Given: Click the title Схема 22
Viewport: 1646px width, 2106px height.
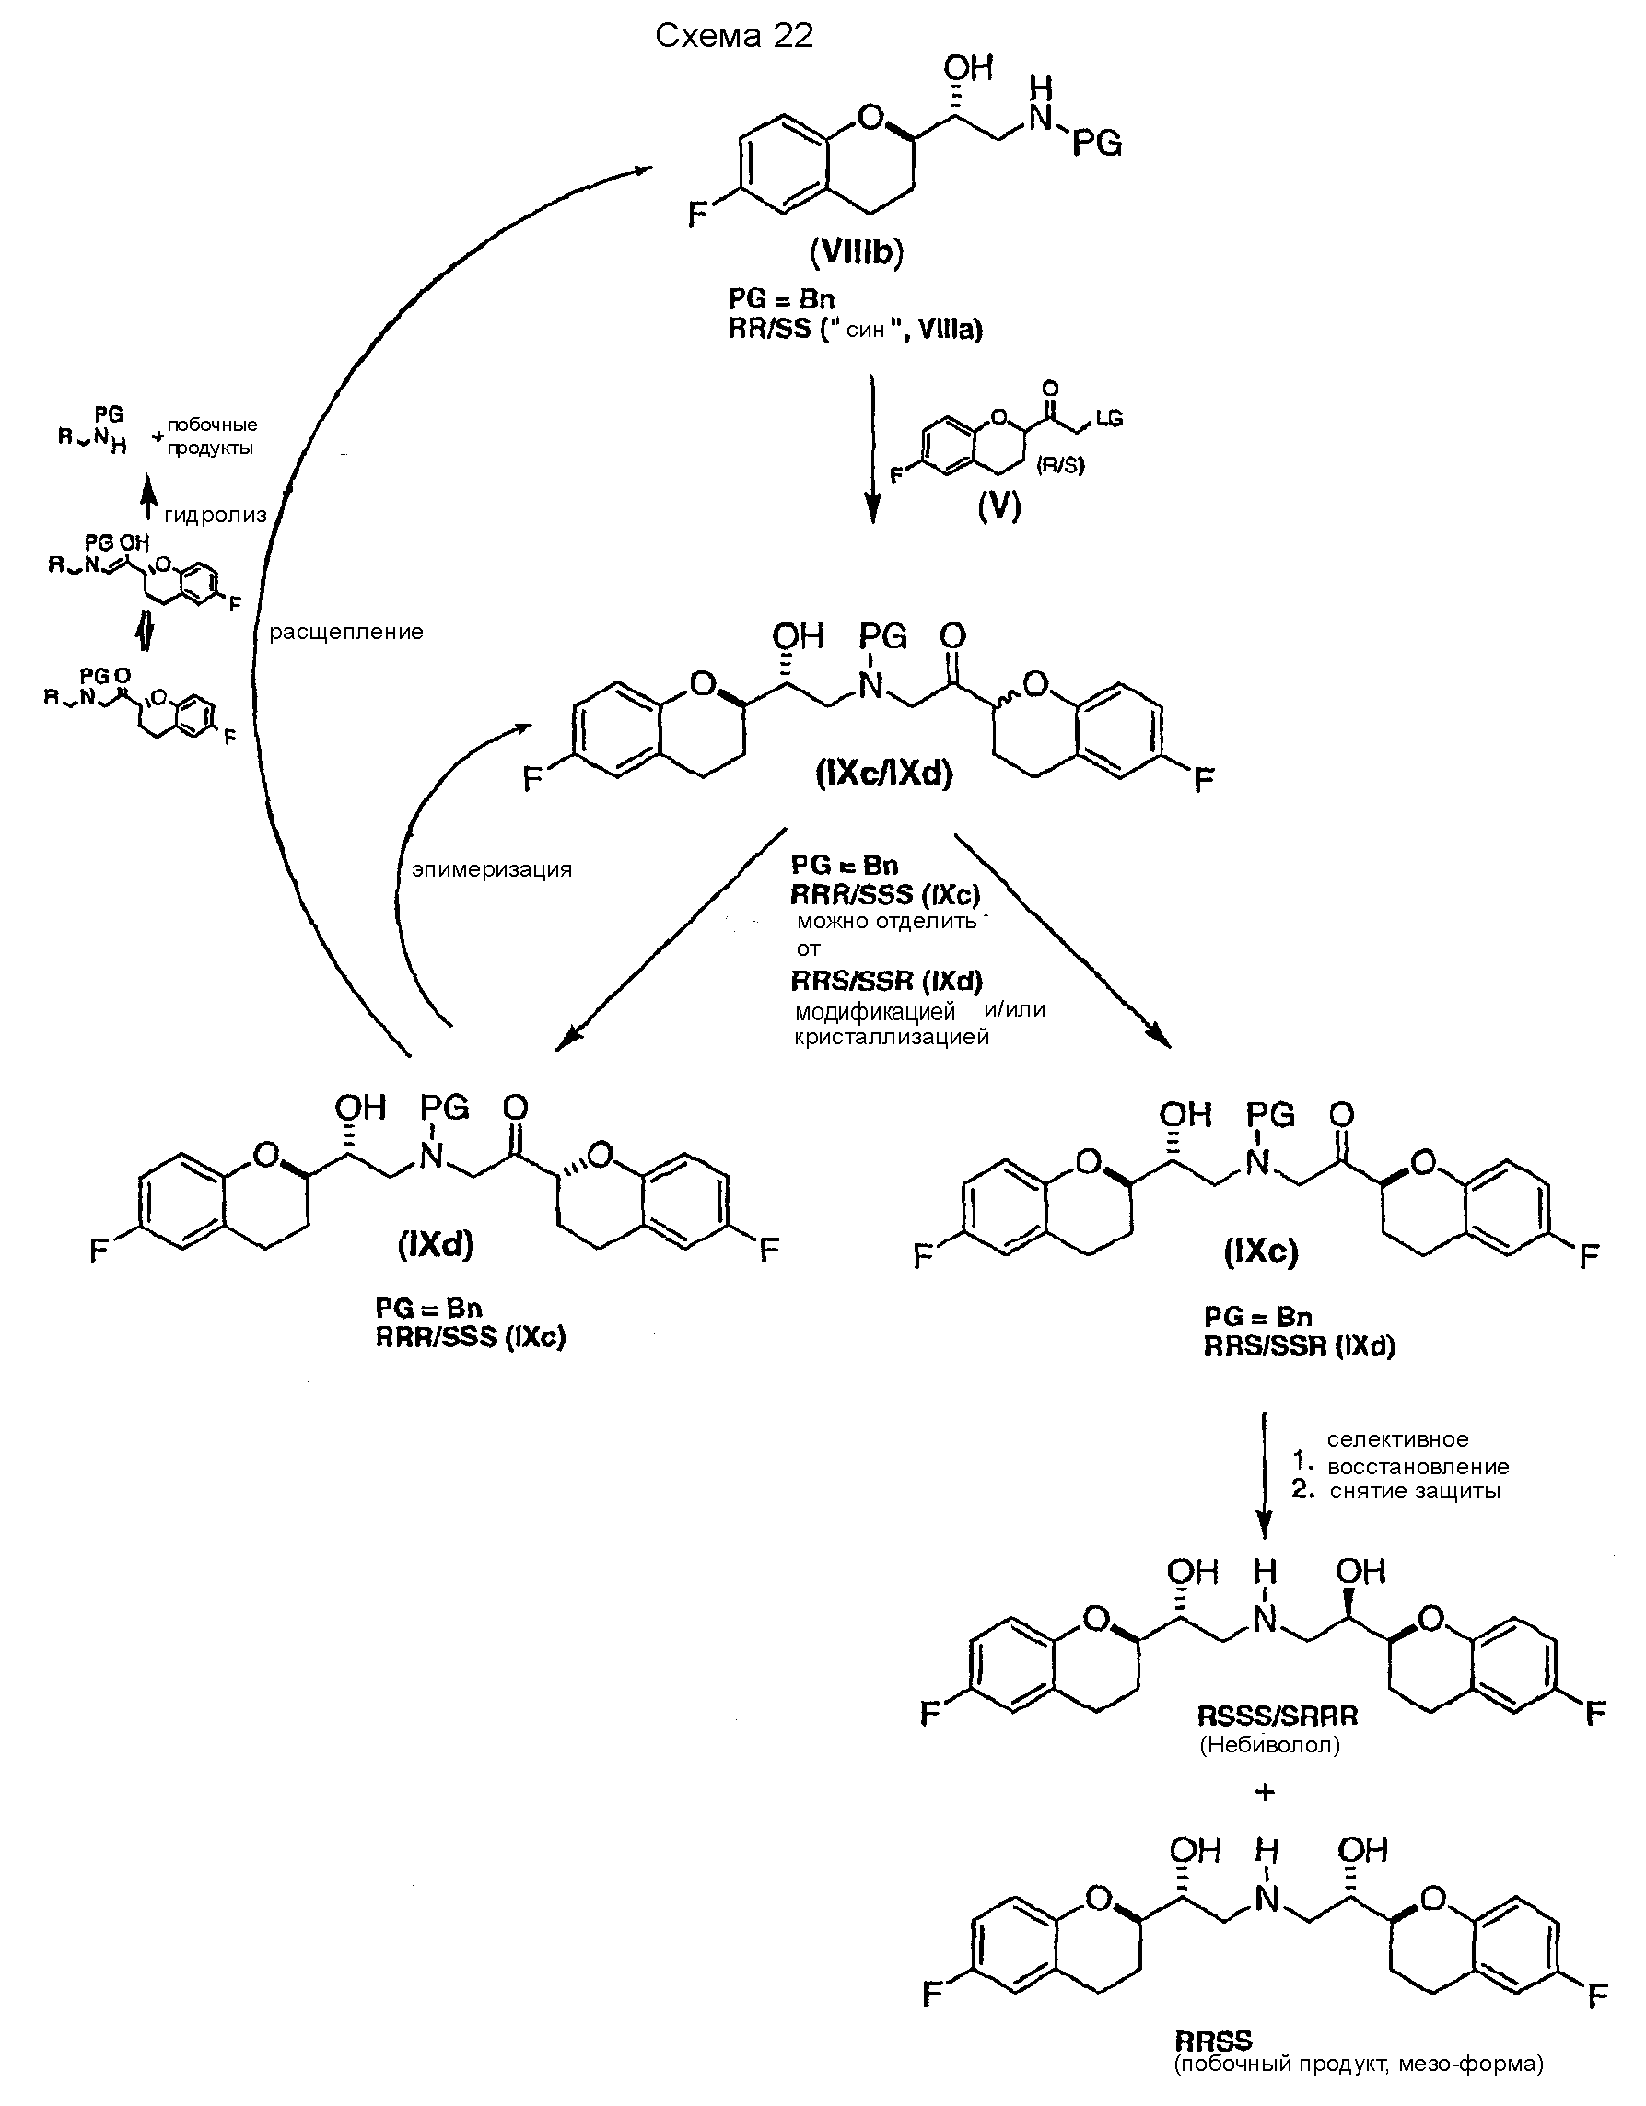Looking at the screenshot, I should click(734, 36).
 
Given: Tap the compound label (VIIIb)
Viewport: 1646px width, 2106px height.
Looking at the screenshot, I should click(857, 252).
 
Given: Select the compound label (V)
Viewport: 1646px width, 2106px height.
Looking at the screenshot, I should click(999, 506).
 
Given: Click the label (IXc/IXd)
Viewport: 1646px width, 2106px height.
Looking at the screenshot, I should click(883, 774).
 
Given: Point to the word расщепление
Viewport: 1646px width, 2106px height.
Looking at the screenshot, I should click(346, 633).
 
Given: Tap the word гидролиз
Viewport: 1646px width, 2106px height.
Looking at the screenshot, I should click(215, 515).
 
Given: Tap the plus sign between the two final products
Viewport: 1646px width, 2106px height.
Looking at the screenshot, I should click(1265, 1792).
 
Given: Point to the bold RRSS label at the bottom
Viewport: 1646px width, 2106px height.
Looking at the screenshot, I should click(1213, 2040).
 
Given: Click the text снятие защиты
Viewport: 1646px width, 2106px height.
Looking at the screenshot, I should click(1415, 1491).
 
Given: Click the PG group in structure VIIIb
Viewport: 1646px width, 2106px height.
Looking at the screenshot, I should click(1097, 145).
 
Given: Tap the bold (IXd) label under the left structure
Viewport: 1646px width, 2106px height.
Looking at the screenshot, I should click(436, 1246).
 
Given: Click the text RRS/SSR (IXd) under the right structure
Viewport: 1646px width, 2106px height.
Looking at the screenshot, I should click(1299, 1346).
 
